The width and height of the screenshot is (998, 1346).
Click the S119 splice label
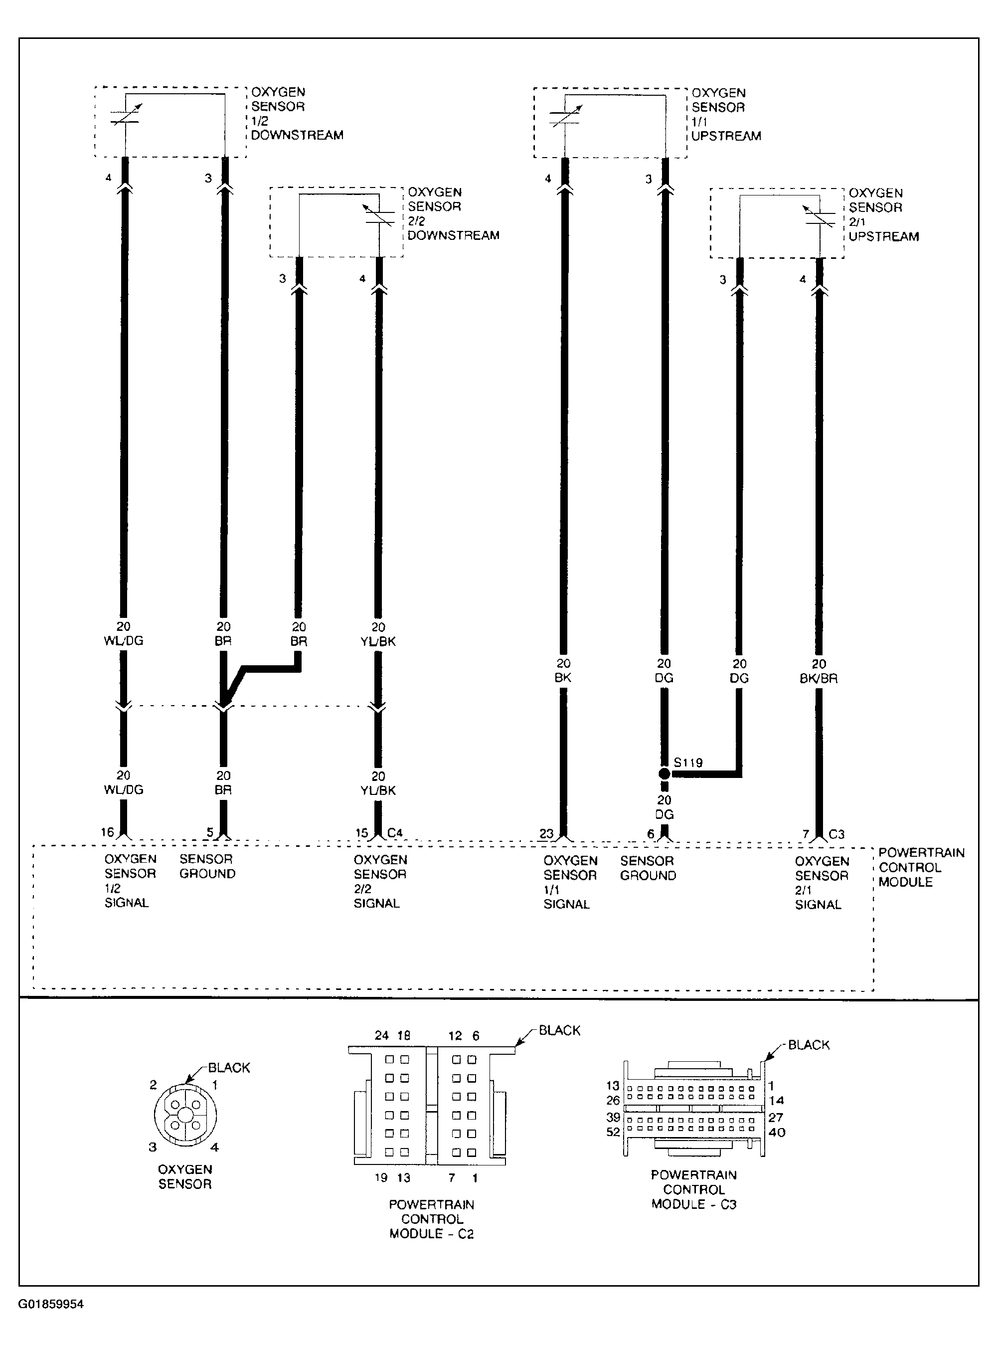pos(688,762)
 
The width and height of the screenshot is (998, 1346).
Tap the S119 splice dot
pos(664,773)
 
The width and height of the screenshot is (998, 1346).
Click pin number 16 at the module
pos(108,832)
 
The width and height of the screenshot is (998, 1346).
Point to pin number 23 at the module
pos(546,833)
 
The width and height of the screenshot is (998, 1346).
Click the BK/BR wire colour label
pos(819,678)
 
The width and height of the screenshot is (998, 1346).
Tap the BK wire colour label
pos(562,678)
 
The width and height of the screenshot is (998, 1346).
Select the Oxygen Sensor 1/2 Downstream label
pos(297,114)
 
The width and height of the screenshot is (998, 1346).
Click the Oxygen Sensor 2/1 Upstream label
pos(883,214)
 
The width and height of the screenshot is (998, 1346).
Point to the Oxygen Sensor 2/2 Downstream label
pos(453,213)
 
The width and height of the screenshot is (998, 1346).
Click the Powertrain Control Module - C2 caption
pos(431,1218)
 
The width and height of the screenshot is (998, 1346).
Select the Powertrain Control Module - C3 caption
pos(693,1189)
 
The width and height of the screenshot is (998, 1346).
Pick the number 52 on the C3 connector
pos(613,1132)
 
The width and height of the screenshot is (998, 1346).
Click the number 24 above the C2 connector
pos(382,1035)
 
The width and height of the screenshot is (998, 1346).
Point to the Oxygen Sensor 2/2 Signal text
pos(380,881)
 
